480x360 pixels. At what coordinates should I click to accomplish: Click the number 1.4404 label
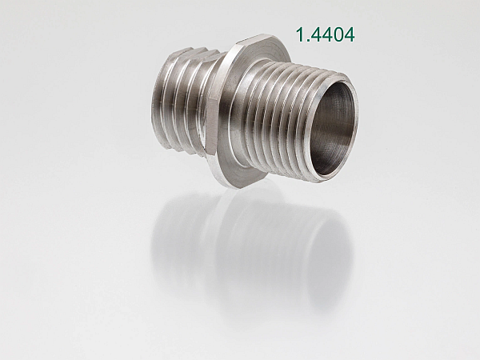tap(325, 34)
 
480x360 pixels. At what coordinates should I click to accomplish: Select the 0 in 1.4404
tap(338, 34)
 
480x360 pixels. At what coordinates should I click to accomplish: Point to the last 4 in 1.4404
tap(350, 34)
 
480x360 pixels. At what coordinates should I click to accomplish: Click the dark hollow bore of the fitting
tap(334, 129)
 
